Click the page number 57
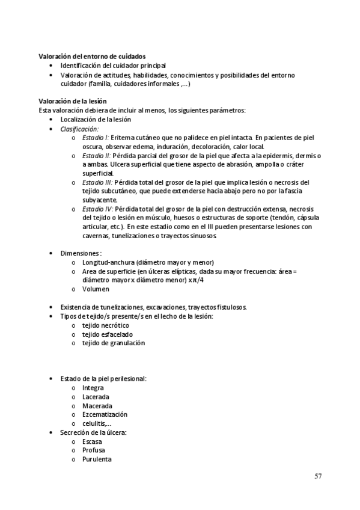tap(319, 476)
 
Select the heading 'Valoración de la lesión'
tap(73, 101)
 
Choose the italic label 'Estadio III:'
tap(97, 182)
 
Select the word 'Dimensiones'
tap(81, 254)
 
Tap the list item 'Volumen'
tap(96, 289)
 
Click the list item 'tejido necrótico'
tap(106, 325)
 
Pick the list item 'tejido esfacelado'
tap(108, 334)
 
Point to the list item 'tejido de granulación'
tap(114, 343)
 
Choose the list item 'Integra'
tap(93, 388)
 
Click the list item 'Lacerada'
tap(96, 397)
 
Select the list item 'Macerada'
tap(96, 406)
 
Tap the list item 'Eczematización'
tap(105, 414)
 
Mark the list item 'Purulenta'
tap(97, 459)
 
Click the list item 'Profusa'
tap(94, 450)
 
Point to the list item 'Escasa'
tap(93, 441)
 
